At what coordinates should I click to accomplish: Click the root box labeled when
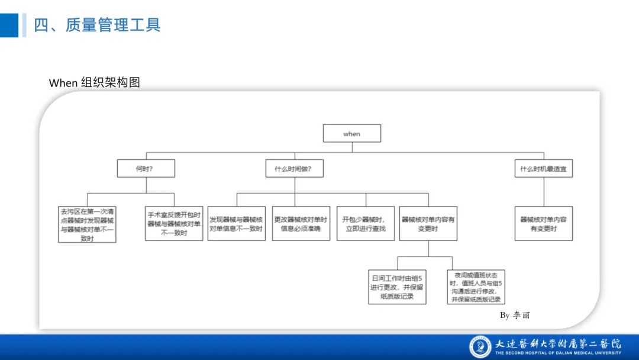[351, 134]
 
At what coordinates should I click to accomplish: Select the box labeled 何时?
[146, 169]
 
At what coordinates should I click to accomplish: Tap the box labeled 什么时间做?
[293, 169]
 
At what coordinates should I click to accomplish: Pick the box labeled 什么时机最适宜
[543, 169]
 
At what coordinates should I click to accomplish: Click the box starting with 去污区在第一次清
[87, 224]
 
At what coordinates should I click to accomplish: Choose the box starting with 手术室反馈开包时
[175, 224]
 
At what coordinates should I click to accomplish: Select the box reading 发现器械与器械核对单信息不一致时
[236, 224]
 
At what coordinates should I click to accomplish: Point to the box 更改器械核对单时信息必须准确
[301, 224]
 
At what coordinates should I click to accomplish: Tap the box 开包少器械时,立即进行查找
[365, 224]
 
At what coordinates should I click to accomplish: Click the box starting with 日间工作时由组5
[397, 287]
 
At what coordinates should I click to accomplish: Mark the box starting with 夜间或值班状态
[476, 287]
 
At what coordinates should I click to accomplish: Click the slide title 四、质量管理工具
[98, 25]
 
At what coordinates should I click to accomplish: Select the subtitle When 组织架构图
[95, 82]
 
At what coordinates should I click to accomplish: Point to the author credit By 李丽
[515, 315]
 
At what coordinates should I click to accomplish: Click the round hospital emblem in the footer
[480, 347]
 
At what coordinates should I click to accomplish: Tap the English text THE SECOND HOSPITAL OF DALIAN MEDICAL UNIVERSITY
[558, 353]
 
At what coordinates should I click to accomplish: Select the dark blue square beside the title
[9, 25]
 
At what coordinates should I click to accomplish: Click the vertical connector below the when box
[351, 147]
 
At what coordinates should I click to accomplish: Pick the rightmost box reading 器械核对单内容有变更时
[543, 224]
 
